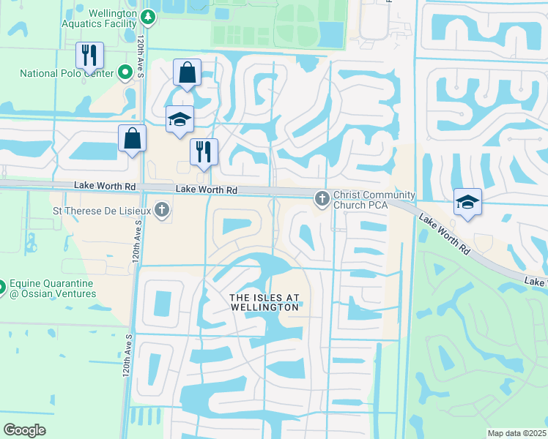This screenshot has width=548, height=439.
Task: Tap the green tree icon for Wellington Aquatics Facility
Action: pyautogui.click(x=147, y=15)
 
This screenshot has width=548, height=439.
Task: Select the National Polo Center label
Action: pyautogui.click(x=67, y=73)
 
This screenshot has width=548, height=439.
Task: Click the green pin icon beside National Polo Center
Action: pyautogui.click(x=125, y=72)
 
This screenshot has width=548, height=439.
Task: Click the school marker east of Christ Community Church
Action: pyautogui.click(x=467, y=201)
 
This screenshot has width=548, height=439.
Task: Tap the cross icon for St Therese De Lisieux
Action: pyautogui.click(x=162, y=211)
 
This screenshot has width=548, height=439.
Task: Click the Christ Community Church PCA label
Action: pyautogui.click(x=374, y=200)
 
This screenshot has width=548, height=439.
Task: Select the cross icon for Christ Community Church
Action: pyautogui.click(x=321, y=198)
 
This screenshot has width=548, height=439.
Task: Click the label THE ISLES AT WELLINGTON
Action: pyautogui.click(x=264, y=301)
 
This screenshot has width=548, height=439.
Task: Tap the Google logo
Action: pyautogui.click(x=24, y=429)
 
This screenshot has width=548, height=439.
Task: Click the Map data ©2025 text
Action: pyautogui.click(x=516, y=433)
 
